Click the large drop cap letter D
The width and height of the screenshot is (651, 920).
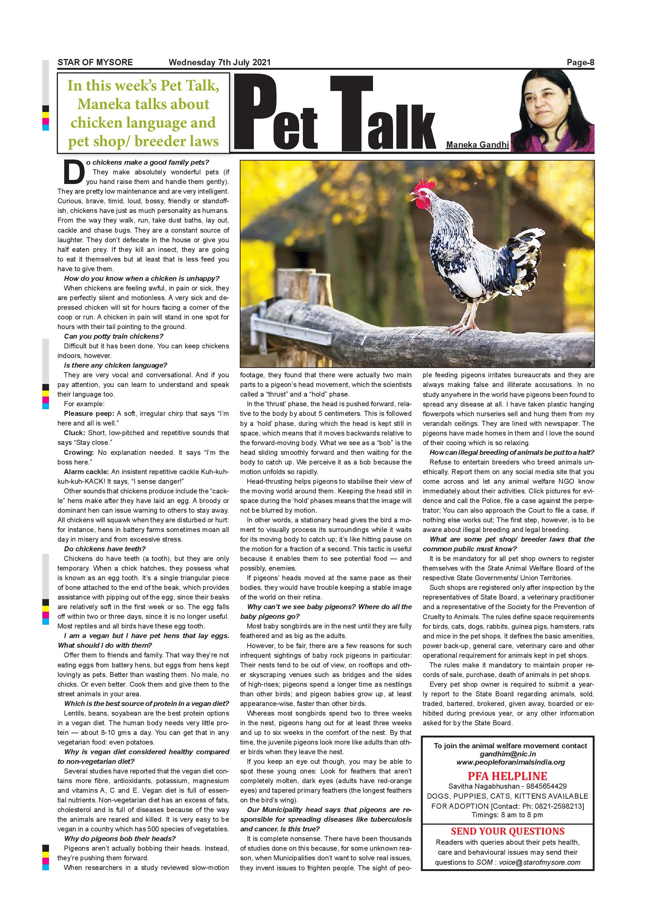(73, 171)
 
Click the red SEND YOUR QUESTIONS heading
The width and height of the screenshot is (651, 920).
(507, 831)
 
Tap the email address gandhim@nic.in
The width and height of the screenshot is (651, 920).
(507, 754)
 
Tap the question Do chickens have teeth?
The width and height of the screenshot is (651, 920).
(105, 549)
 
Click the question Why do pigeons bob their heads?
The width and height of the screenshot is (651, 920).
(120, 838)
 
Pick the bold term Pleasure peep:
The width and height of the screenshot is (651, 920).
(89, 414)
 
